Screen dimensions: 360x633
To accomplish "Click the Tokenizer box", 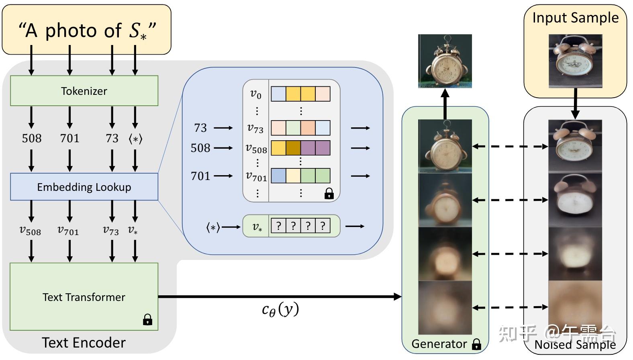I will [84, 91].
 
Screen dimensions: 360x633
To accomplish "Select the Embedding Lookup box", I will [84, 187].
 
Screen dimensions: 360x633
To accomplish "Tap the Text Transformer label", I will [84, 297].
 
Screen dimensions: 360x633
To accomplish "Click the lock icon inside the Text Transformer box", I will [147, 319].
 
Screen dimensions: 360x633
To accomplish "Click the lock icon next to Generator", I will [476, 344].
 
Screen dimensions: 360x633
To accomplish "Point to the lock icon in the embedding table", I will [329, 194].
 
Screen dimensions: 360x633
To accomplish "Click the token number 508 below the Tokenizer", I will [32, 139].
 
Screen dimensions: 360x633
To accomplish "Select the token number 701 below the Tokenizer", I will [70, 139].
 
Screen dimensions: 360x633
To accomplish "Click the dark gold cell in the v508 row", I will [293, 148].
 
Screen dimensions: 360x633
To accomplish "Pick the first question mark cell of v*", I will [278, 226].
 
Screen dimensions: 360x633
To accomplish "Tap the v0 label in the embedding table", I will [256, 94].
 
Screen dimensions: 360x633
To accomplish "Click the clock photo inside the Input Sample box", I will [575, 61].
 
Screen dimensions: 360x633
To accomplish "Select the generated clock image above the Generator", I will [445, 61].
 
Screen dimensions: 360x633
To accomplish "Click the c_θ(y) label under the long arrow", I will [280, 309].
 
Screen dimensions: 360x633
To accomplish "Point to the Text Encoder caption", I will [84, 343].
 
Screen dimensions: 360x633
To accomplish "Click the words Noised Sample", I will [575, 345].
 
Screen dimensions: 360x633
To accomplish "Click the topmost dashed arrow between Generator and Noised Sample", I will [510, 146].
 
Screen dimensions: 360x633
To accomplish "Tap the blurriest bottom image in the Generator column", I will [445, 307].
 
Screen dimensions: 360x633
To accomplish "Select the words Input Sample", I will [575, 18].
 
